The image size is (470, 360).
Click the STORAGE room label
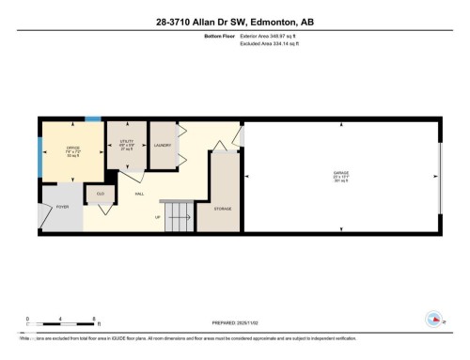(x=222, y=208)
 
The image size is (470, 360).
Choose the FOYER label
(x=63, y=205)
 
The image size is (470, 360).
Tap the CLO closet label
(x=100, y=193)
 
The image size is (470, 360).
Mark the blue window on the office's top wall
(x=92, y=118)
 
